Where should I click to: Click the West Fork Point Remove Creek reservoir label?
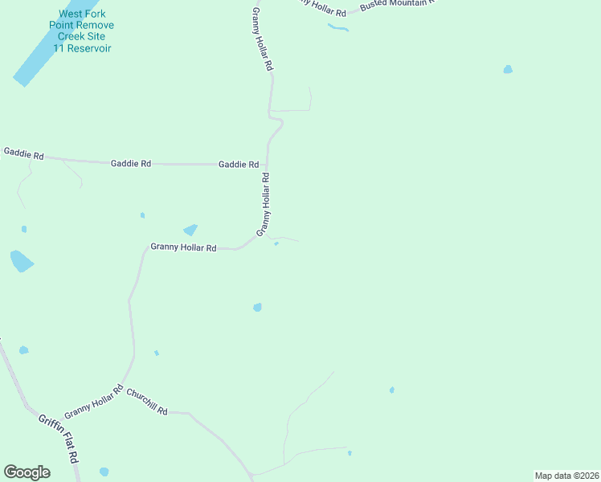[x=82, y=31]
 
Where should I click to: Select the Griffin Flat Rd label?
[x=59, y=438]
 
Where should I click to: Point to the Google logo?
[x=27, y=472]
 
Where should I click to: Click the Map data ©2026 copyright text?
[x=566, y=476]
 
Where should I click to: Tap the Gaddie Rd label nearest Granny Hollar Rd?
[x=239, y=164]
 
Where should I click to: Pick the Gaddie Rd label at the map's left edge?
[x=23, y=152]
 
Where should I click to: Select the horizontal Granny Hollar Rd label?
[x=183, y=248]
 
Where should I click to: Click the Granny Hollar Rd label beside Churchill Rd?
[x=93, y=401]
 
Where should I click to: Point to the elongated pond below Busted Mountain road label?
[x=338, y=28]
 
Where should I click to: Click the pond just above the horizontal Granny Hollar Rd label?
[x=190, y=230]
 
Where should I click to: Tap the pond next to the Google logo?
[x=104, y=472]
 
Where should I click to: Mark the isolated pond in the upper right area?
[x=508, y=70]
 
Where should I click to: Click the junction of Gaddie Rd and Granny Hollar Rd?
[x=267, y=164]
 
